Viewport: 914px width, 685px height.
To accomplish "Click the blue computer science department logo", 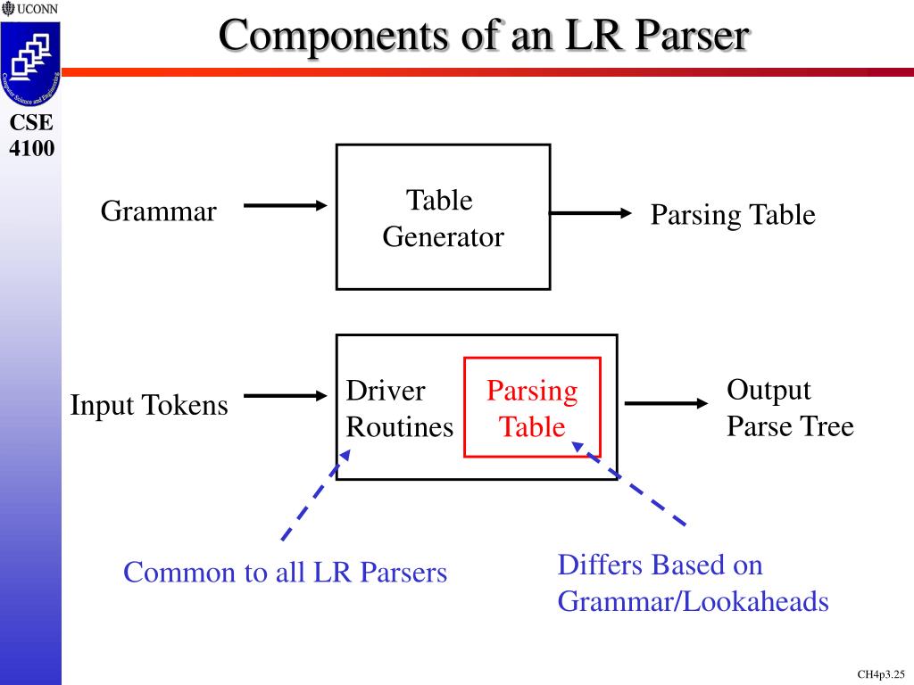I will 30,63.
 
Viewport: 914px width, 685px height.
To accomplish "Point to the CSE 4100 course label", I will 31,136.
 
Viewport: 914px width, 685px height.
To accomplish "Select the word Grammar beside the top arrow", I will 158,212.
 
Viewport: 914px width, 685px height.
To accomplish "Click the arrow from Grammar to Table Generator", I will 286,206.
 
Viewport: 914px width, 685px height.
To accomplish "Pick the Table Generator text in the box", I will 443,219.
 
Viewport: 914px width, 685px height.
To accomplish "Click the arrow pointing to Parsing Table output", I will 590,213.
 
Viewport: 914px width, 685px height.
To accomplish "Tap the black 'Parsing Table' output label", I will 732,215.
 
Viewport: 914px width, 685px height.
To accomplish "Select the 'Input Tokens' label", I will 149,406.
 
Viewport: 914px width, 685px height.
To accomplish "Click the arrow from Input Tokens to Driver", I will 286,395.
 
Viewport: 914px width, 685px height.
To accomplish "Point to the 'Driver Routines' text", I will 399,409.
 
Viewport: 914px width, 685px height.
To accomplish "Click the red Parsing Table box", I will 532,408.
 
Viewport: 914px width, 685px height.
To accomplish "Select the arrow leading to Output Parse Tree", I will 666,403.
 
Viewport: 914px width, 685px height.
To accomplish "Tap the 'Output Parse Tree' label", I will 789,409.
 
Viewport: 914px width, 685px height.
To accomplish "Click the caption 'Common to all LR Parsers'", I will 285,573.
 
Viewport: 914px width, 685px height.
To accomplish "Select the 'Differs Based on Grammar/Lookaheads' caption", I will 693,583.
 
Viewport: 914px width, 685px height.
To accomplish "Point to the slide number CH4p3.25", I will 881,674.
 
